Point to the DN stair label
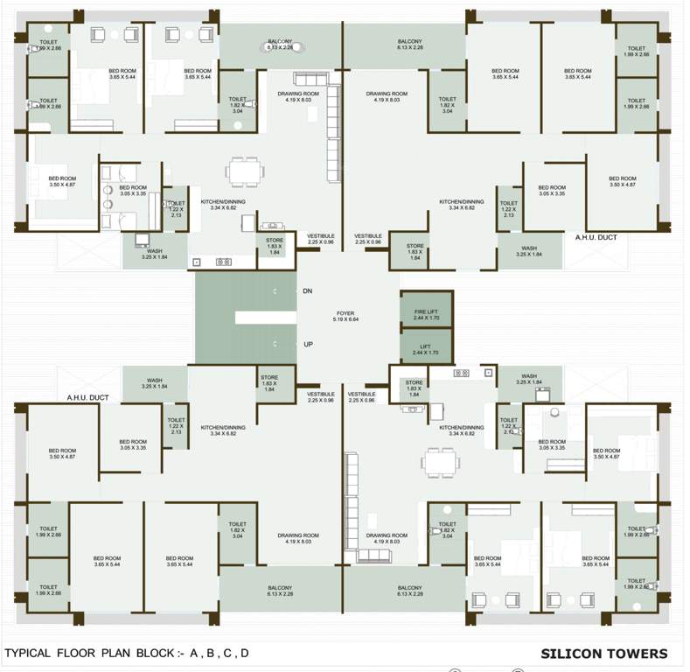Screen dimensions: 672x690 point(307,290)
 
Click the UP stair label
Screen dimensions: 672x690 point(308,345)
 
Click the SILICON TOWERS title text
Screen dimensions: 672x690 point(603,654)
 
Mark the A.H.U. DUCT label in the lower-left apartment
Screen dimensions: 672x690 point(87,397)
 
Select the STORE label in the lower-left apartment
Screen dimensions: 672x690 point(269,381)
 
